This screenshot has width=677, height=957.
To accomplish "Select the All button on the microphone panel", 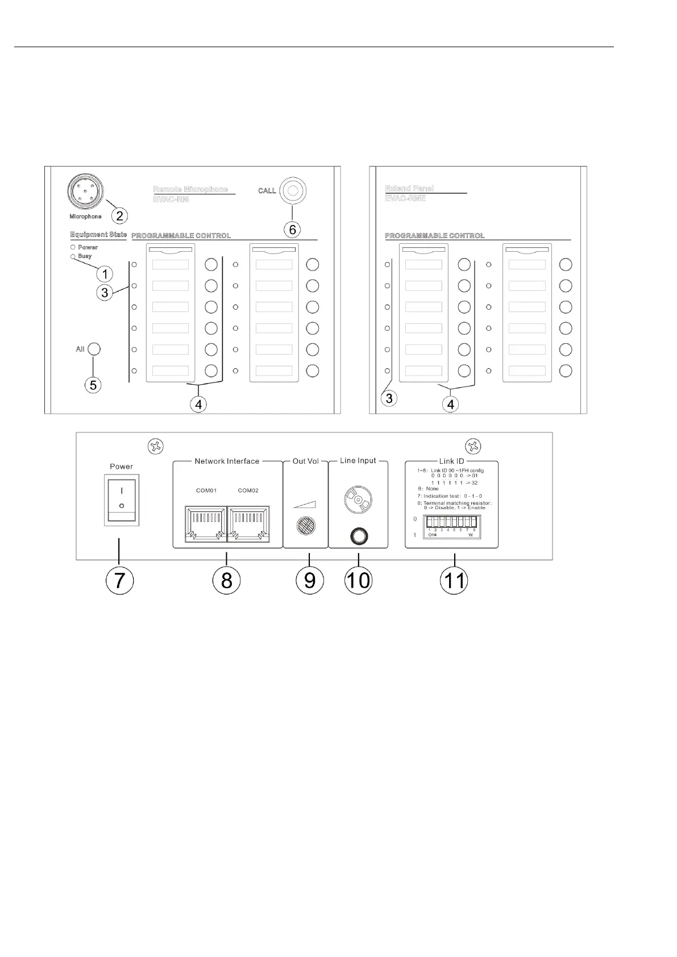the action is pos(94,349).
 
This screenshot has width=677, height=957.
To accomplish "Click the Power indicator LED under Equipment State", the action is pos(73,247).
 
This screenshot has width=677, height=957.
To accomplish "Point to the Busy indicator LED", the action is pos(73,256).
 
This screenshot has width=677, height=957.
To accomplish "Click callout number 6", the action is pos(293,230).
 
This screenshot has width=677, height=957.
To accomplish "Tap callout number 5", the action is pos(93,385).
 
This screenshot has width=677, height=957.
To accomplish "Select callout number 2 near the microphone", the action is pos(119,215).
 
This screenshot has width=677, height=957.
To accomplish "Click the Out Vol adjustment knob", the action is pos(306,526).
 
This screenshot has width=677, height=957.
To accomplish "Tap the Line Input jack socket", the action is pos(359,535).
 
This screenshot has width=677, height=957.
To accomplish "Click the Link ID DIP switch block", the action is pos(452,522).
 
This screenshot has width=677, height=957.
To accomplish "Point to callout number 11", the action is pos(454,580).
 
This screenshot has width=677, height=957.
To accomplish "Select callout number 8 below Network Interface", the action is pos(226,580).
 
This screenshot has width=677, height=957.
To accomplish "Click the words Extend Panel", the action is pos(409,188).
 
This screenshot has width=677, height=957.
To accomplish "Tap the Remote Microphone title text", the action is pos(190,189).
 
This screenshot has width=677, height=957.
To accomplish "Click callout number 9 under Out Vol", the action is pos(310,580).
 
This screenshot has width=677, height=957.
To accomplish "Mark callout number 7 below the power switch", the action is pos(119,580).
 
